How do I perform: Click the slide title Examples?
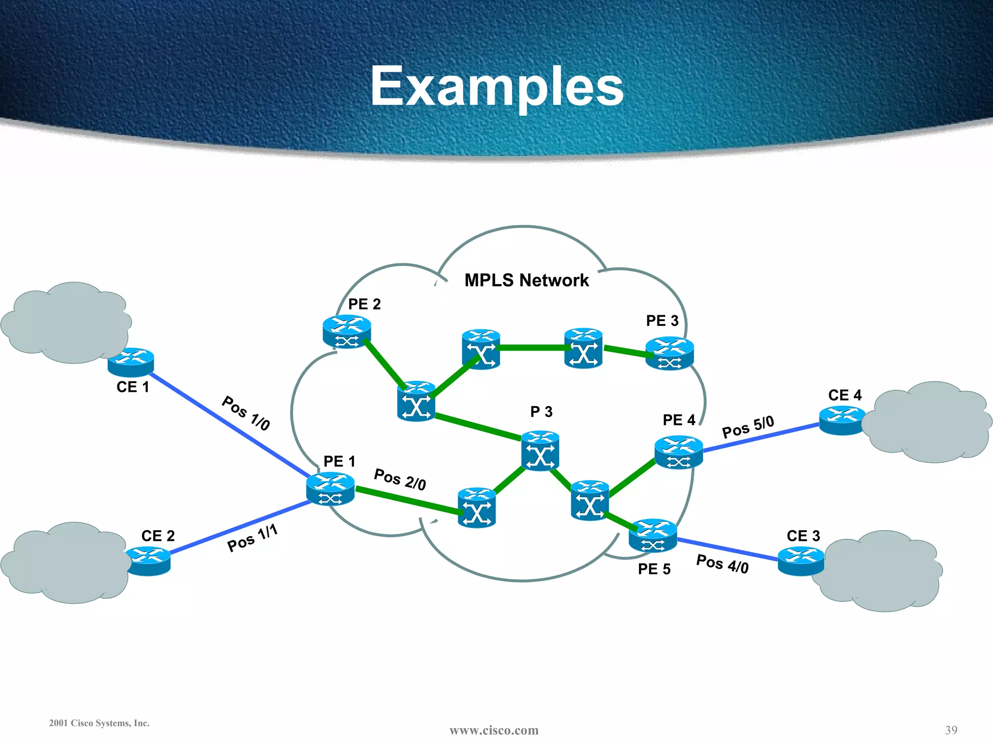497,86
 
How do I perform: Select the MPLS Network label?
526,280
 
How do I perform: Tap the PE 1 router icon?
330,489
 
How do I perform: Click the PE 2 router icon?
347,332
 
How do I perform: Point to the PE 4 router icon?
678,452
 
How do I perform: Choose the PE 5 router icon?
653,535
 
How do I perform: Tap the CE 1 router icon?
131,362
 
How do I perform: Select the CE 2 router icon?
148,561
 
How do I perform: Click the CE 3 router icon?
801,561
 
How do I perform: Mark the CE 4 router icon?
842,420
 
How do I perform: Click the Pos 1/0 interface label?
246,413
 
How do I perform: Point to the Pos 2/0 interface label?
400,480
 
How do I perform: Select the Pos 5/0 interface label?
748,427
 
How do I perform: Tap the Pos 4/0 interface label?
722,564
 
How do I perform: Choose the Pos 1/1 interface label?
252,538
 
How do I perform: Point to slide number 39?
951,730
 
